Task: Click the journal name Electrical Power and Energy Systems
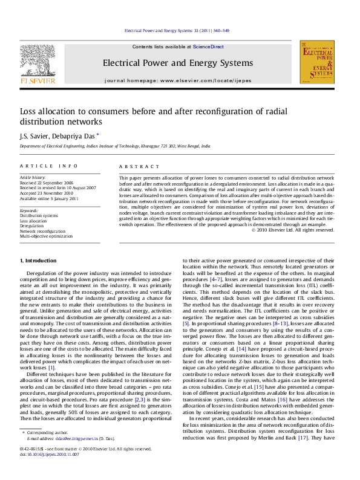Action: [177, 63]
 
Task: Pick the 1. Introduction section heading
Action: [38, 260]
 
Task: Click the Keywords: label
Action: [29, 210]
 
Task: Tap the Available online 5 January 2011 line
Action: [49, 198]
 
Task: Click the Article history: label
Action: [33, 178]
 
